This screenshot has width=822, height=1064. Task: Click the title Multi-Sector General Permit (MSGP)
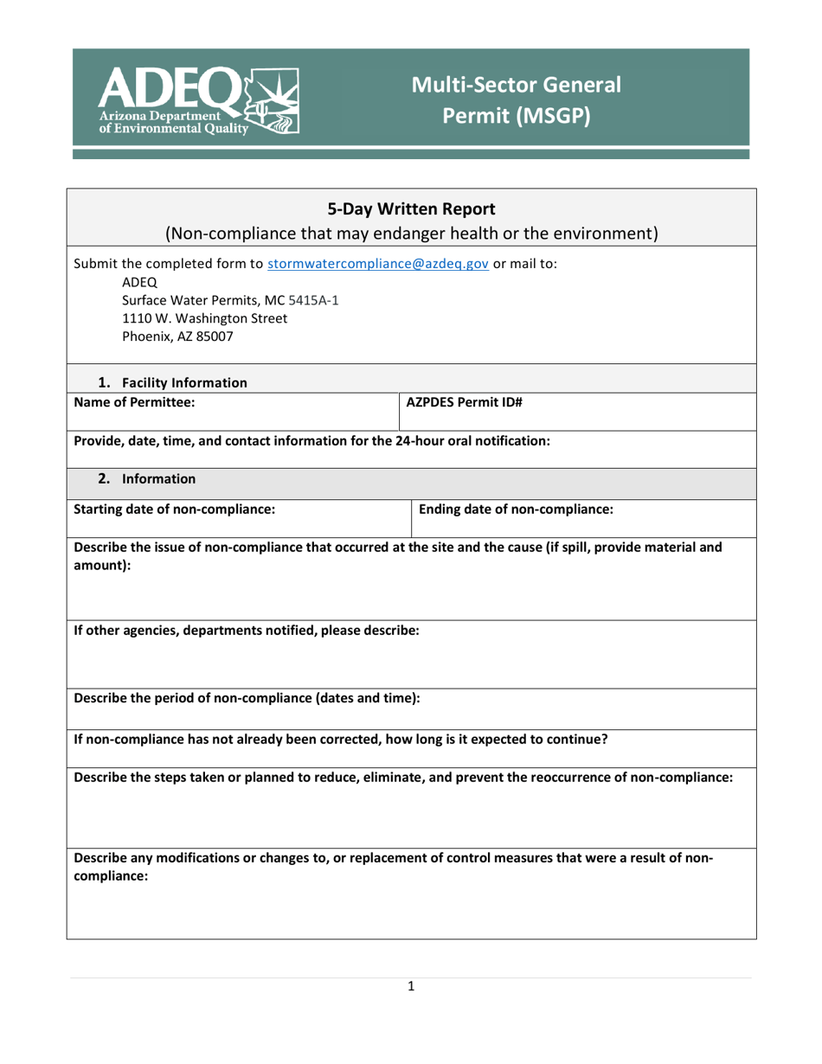(x=516, y=100)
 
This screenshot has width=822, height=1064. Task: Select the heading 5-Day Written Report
(x=411, y=208)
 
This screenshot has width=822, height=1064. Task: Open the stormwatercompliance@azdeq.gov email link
(x=378, y=265)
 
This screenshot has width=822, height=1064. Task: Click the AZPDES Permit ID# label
(x=464, y=402)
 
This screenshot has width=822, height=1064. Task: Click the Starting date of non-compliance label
(x=175, y=509)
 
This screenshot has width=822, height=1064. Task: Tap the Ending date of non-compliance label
(x=516, y=509)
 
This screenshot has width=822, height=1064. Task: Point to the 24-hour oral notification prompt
(x=312, y=440)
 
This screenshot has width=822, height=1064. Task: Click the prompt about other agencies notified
(x=247, y=631)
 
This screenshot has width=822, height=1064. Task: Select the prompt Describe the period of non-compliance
(x=247, y=699)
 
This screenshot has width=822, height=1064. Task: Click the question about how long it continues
(x=341, y=739)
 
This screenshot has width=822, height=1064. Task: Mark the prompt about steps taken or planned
(x=403, y=778)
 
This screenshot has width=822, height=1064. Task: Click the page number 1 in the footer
(x=411, y=985)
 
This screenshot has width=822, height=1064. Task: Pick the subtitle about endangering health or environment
(x=411, y=233)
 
